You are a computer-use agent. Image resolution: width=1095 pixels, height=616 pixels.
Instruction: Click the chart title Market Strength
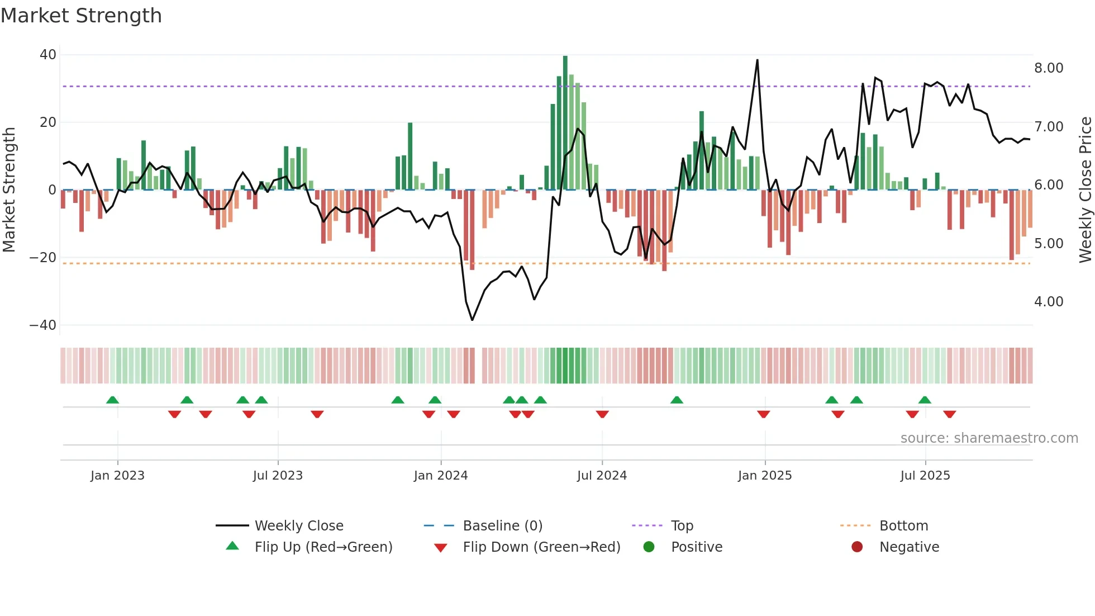coord(81,16)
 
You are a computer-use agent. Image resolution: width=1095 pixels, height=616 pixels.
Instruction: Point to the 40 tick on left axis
coord(48,55)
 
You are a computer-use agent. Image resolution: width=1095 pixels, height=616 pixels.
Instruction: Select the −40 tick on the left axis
coord(43,325)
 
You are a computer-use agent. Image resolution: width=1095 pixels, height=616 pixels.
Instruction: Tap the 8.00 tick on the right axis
coord(1049,68)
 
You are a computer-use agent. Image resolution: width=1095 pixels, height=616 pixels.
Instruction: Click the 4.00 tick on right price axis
coord(1049,302)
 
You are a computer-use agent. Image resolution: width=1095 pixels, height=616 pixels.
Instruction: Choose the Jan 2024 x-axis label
coord(441,476)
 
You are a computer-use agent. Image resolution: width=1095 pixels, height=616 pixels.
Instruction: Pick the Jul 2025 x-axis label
coord(925,476)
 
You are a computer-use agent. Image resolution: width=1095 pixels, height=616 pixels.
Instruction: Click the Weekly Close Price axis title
coord(1085,190)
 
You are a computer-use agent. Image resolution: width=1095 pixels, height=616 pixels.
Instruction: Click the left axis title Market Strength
coord(9,190)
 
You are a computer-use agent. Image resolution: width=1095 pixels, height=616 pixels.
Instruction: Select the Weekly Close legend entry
coord(299,526)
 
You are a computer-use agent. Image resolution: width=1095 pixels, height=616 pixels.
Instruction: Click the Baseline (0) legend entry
coord(502,526)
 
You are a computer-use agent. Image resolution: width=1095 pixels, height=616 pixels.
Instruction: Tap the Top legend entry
coord(682,526)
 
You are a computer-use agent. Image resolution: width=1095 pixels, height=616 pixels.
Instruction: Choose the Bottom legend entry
coord(903,526)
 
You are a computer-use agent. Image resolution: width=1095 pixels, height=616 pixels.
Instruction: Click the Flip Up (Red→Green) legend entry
coord(323,547)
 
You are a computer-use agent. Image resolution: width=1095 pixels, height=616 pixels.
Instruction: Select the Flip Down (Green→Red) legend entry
coord(541,547)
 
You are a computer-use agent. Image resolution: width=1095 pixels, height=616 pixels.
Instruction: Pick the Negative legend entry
coord(909,547)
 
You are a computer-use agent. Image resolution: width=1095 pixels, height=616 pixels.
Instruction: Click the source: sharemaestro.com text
coord(989,438)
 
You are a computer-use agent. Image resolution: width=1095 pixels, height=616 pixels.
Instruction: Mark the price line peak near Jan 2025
coord(757,60)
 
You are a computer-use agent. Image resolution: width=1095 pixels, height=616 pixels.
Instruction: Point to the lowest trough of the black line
coord(472,320)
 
